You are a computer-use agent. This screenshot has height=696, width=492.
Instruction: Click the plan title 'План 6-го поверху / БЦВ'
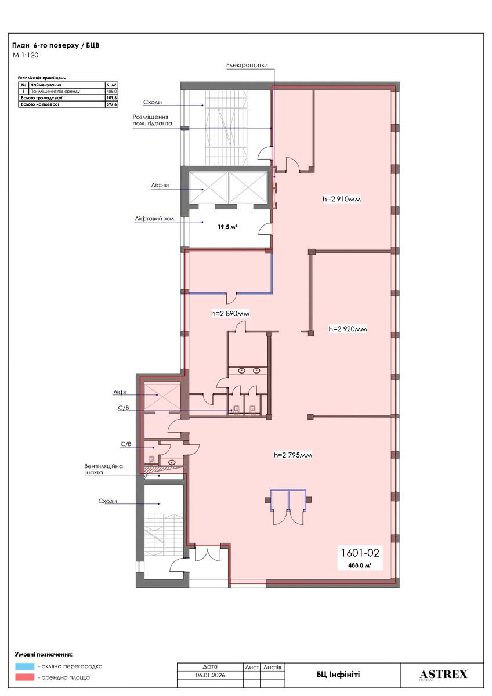(x=56, y=45)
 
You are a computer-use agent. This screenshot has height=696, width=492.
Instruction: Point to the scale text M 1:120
(x=26, y=56)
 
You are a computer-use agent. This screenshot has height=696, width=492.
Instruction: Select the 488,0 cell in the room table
(x=112, y=92)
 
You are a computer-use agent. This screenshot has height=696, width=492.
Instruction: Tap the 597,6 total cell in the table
(x=112, y=104)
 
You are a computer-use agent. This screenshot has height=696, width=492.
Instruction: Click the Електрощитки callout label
(x=247, y=65)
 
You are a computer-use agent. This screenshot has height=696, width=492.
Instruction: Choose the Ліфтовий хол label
(x=154, y=219)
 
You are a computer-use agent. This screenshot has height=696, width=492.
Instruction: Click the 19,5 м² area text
(x=227, y=227)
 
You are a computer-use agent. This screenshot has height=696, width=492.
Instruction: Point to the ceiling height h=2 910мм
(x=342, y=199)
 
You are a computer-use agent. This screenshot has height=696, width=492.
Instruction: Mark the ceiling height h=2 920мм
(x=348, y=329)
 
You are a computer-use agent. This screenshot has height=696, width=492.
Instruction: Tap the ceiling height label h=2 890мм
(x=230, y=314)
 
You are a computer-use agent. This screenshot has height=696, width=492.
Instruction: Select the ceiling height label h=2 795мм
(x=293, y=455)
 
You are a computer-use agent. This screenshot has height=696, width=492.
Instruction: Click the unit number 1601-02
(x=360, y=553)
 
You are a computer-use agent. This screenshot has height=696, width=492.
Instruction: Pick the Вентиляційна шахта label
(x=103, y=469)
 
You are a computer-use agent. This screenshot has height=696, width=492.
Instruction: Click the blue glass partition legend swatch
(x=25, y=666)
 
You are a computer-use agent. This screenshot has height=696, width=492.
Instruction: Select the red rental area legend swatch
(x=25, y=677)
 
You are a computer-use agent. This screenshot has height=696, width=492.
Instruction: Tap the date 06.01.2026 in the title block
(x=210, y=675)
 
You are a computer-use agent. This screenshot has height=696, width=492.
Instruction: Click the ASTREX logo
(x=443, y=675)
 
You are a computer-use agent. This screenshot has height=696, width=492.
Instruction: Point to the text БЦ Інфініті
(x=338, y=675)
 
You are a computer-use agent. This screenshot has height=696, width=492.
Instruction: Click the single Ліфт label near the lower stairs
(x=120, y=393)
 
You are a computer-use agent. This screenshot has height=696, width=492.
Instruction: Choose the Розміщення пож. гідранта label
(x=152, y=120)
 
